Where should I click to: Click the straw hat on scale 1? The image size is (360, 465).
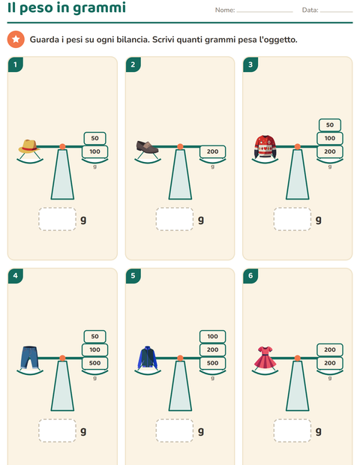pyautogui.click(x=28, y=146)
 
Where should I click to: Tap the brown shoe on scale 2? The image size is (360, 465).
pyautogui.click(x=147, y=147)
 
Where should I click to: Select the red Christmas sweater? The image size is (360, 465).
pyautogui.click(x=265, y=146)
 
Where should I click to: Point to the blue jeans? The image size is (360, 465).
pyautogui.click(x=29, y=357)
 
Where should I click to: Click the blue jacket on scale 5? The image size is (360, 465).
pyautogui.click(x=148, y=357)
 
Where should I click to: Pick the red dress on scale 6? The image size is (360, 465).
pyautogui.click(x=265, y=357)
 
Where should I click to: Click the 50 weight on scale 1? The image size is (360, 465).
pyautogui.click(x=95, y=138)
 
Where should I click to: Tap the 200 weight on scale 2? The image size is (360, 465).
pyautogui.click(x=212, y=151)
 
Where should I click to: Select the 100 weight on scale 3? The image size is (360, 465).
pyautogui.click(x=330, y=138)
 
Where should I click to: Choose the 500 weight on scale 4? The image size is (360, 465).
pyautogui.click(x=95, y=363)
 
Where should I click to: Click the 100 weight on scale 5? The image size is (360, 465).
pyautogui.click(x=212, y=336)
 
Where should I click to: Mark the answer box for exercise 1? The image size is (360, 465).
pyautogui.click(x=57, y=219)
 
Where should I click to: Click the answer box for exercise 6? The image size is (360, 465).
pyautogui.click(x=292, y=430)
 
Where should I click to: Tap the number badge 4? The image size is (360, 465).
pyautogui.click(x=16, y=276)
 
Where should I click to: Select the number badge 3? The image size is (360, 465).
pyautogui.click(x=250, y=64)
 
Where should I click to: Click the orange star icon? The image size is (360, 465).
pyautogui.click(x=16, y=39)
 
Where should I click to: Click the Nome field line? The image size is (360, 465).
pyautogui.click(x=265, y=12)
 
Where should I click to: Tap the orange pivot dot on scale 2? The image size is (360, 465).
pyautogui.click(x=180, y=146)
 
